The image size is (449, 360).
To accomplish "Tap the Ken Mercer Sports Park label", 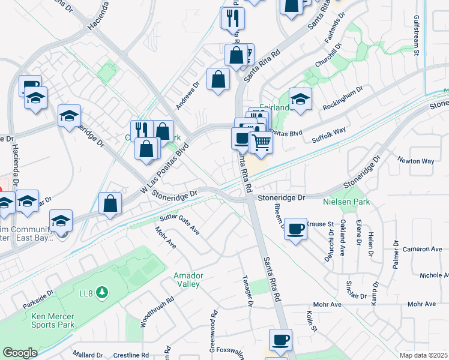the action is point(53,320).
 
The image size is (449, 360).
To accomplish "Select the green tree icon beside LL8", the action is point(103,292).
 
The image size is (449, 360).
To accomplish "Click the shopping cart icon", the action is point(261,143).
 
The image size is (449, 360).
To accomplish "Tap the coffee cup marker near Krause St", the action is point(295,229).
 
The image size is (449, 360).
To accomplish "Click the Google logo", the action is point(20,353).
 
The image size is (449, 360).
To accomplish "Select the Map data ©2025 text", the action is point(424,355).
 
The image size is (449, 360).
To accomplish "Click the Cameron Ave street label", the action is point(422,249).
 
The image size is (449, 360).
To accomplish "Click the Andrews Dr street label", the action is point(187,95).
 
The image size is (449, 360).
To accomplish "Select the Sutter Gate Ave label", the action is point(179,223).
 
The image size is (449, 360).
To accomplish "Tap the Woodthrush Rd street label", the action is point(149,311).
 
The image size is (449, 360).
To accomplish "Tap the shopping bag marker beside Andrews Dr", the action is point(218,79).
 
